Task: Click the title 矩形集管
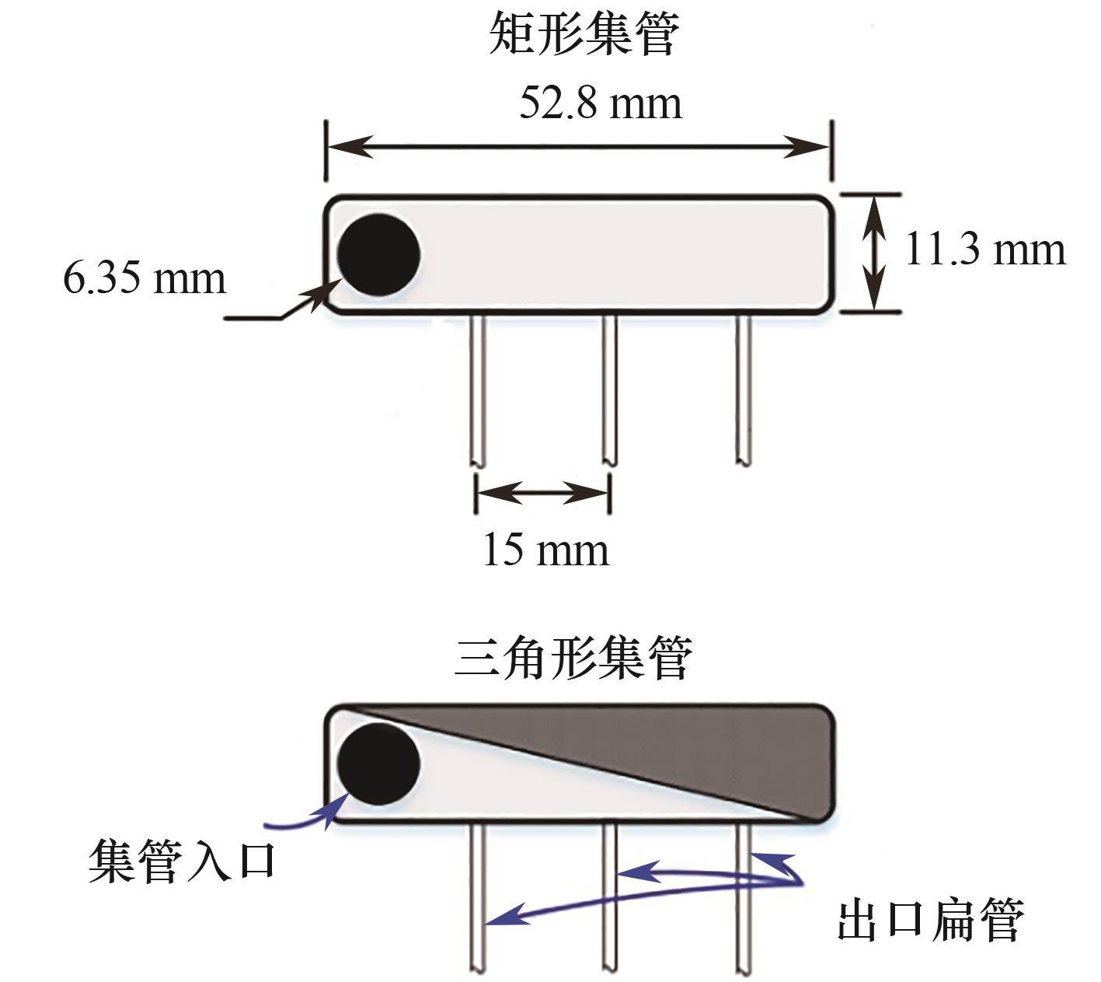(584, 33)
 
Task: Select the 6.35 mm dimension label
(144, 278)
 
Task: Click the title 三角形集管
(573, 657)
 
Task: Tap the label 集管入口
(182, 861)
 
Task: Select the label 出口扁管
(930, 920)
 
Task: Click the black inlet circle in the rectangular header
(378, 254)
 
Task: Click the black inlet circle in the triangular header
(378, 764)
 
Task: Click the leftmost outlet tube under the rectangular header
(477, 390)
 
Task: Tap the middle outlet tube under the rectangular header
(609, 390)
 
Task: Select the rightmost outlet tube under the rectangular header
(744, 390)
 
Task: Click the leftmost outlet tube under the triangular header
(477, 899)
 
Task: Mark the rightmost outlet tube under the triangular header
(744, 899)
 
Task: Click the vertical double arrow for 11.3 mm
(873, 253)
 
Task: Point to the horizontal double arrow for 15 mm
(543, 493)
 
